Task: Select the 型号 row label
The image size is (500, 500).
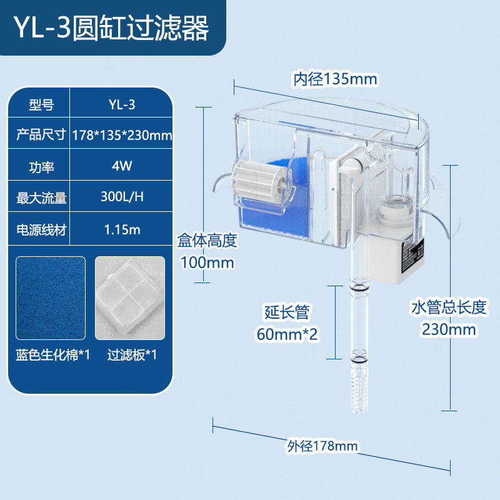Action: [41, 105]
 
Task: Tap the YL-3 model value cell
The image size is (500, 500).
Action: [121, 105]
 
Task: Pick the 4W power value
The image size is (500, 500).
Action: [121, 166]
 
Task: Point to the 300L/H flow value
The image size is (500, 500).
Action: [121, 197]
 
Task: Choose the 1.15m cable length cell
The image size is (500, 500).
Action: [121, 229]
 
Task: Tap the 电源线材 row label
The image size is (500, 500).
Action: [41, 229]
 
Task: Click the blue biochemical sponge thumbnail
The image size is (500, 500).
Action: [51, 297]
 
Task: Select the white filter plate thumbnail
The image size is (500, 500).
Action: [130, 297]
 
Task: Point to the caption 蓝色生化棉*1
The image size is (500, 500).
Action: [53, 355]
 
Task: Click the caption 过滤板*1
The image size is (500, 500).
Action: [132, 355]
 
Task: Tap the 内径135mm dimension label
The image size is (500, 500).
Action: [336, 79]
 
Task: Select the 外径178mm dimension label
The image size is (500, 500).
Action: [322, 446]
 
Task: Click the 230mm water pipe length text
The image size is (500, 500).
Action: [447, 329]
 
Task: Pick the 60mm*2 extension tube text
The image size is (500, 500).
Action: [287, 334]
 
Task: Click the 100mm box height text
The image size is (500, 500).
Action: [207, 262]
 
